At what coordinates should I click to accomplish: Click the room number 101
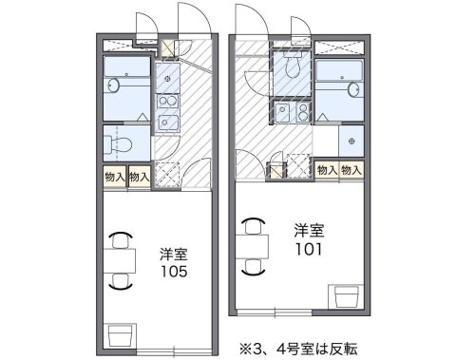(309, 249)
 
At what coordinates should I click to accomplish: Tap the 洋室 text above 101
(309, 230)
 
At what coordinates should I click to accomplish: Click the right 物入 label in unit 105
(139, 176)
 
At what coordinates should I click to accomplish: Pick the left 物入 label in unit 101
(327, 169)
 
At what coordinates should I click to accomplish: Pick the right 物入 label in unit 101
(351, 169)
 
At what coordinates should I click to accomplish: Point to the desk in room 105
(120, 259)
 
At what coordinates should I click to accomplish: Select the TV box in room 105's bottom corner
(120, 335)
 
